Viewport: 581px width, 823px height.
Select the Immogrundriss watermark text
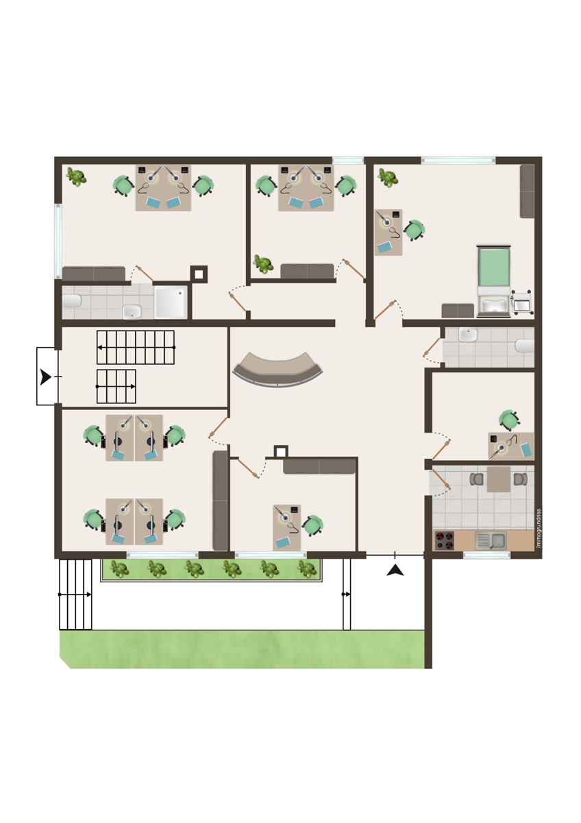tap(539, 528)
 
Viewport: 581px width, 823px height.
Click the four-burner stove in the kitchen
tap(444, 541)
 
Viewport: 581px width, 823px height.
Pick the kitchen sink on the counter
tap(491, 541)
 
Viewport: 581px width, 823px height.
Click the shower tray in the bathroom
tap(171, 302)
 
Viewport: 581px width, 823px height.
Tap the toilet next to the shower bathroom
tap(71, 301)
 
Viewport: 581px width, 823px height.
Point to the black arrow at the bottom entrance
tap(395, 571)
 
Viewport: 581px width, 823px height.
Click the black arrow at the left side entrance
tap(45, 377)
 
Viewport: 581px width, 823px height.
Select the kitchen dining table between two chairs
tap(498, 479)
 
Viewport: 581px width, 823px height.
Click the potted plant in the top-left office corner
tap(76, 177)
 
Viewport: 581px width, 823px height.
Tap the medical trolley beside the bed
tap(521, 302)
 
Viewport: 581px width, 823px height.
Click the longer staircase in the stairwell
tap(136, 347)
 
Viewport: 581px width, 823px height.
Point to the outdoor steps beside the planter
tap(75, 595)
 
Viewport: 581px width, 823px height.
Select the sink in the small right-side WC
tap(468, 335)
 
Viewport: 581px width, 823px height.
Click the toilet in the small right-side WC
tap(525, 346)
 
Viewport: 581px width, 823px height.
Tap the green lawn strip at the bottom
tap(243, 649)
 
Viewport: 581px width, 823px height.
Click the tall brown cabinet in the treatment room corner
tap(527, 191)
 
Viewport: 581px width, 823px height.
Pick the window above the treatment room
tap(458, 160)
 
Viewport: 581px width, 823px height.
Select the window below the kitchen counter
tap(486, 555)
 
